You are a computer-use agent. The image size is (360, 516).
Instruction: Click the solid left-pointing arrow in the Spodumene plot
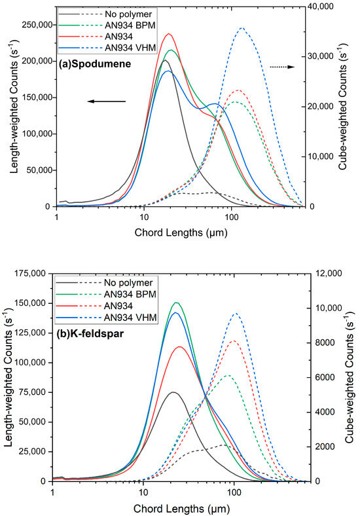[x=106, y=101]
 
